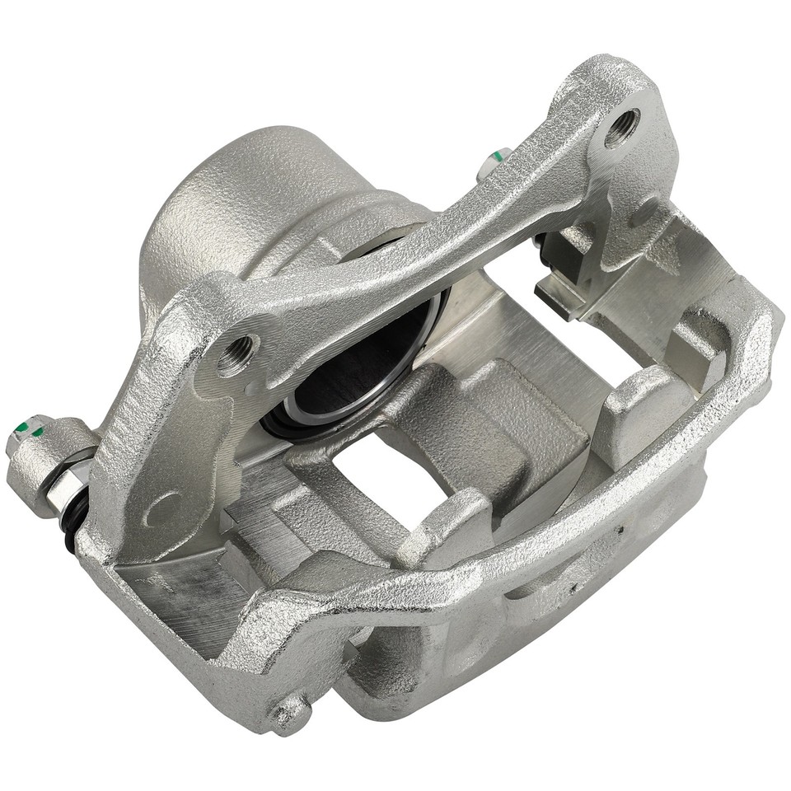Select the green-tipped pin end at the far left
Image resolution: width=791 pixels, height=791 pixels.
coord(25,429)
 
